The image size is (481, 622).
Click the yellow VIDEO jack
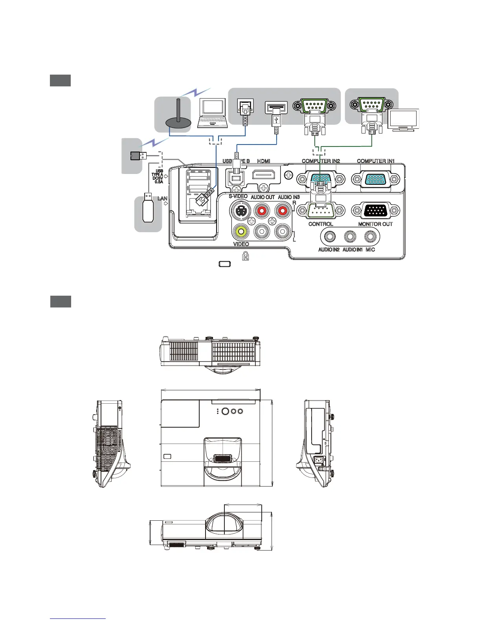[240, 231]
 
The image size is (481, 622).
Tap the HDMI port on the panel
[264, 175]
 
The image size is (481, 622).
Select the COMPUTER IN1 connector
[375, 179]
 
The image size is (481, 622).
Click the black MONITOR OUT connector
[375, 211]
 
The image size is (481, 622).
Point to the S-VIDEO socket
[240, 211]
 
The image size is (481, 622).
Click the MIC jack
[369, 236]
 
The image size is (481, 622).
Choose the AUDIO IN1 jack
[350, 236]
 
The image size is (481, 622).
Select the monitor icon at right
[403, 120]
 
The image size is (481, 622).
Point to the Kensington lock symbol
[245, 257]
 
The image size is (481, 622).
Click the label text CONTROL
[321, 224]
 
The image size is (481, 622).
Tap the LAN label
[162, 199]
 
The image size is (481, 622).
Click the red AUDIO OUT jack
[261, 211]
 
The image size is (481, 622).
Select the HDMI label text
[264, 161]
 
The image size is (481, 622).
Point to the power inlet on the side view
[319, 459]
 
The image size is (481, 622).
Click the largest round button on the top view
[226, 411]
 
